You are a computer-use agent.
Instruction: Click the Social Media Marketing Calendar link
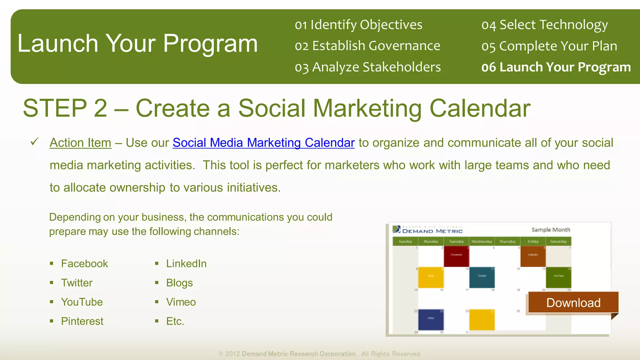click(263, 143)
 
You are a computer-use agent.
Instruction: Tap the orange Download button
click(573, 302)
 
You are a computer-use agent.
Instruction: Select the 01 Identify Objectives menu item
click(358, 25)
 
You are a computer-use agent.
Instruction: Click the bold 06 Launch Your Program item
click(556, 67)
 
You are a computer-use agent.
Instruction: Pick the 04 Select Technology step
click(544, 25)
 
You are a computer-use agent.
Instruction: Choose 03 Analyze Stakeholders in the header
click(367, 67)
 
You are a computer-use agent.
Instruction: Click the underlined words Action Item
click(80, 143)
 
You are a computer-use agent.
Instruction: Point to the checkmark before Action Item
click(34, 142)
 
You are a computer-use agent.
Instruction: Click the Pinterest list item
click(82, 321)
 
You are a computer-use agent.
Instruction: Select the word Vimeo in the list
click(181, 302)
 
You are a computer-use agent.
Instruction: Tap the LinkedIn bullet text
click(186, 264)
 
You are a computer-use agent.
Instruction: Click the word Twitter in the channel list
click(77, 283)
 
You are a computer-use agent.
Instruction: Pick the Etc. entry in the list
click(175, 321)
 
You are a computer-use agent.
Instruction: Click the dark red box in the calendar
click(456, 257)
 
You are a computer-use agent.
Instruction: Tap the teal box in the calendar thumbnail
click(482, 277)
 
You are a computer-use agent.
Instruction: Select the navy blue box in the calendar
click(431, 320)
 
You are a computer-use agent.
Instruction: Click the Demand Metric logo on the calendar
click(428, 230)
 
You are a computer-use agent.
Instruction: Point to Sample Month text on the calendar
click(551, 230)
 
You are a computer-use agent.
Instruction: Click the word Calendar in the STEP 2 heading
click(480, 108)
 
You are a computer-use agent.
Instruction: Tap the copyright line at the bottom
click(320, 354)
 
